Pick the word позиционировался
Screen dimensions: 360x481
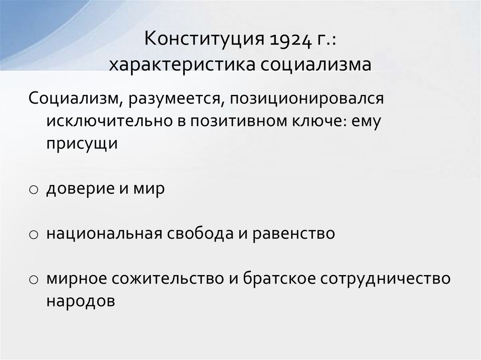click(x=298, y=99)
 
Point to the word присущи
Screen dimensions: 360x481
click(x=81, y=143)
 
